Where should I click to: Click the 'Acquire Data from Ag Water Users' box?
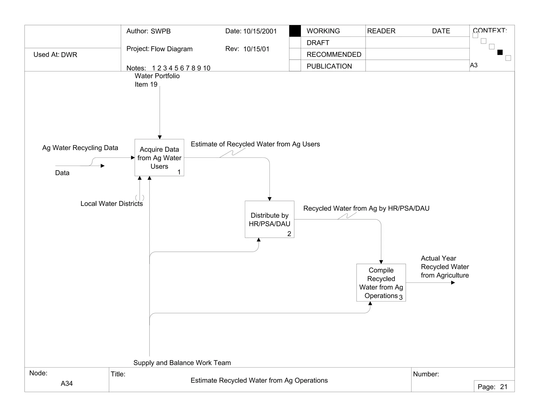[159, 157]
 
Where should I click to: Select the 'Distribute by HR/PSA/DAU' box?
[269, 219]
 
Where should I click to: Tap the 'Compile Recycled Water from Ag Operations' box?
[381, 282]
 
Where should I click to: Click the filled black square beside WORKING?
[295, 31]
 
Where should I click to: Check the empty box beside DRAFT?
[295, 43]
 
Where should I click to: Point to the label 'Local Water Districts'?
[111, 204]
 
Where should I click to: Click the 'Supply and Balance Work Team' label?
[182, 363]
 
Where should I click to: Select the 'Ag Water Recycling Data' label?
[80, 148]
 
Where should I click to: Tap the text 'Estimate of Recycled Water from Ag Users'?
[255, 144]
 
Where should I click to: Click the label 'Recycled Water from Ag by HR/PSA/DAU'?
[366, 208]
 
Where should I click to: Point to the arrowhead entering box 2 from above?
[269, 199]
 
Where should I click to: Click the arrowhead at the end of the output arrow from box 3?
[453, 283]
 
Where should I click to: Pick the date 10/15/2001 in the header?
[260, 31]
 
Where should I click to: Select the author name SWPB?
[161, 31]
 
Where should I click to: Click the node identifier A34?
[67, 383]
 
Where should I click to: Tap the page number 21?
[504, 387]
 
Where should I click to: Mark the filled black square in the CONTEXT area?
[500, 52]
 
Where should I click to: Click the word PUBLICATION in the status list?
[329, 66]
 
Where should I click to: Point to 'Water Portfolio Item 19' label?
[157, 80]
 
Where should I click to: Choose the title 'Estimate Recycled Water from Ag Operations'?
[259, 380]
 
